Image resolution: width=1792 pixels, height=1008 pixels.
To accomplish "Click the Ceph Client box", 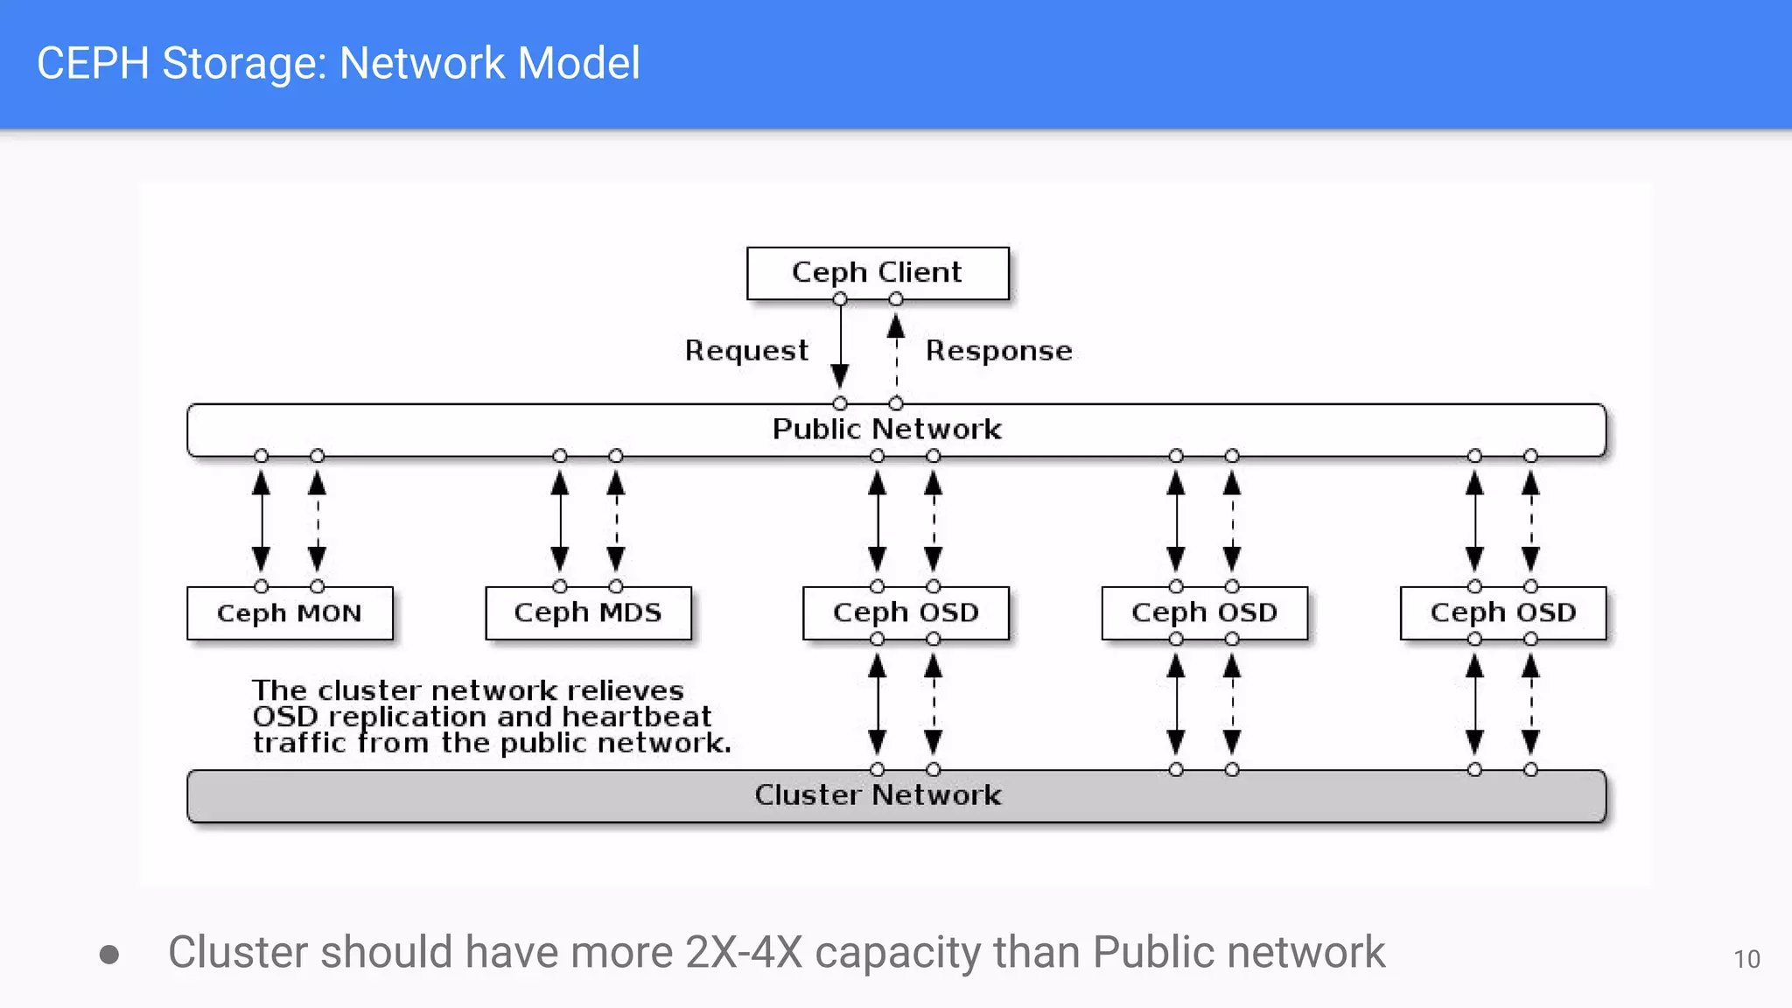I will point(877,273).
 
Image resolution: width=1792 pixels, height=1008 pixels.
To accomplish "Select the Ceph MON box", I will point(290,613).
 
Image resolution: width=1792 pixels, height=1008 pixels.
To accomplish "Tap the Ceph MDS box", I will point(588,613).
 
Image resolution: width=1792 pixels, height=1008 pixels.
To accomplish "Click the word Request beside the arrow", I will point(746,351).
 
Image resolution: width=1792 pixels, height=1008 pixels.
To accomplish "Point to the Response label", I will point(998,351).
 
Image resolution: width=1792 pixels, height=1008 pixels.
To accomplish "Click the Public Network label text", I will point(886,430).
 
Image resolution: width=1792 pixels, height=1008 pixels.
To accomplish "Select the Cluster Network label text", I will point(878,795).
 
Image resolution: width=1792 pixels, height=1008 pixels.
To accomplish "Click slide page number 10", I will point(1746,960).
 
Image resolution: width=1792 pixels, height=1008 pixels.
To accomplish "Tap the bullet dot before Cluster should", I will point(109,954).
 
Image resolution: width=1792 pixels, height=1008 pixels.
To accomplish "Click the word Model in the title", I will point(578,63).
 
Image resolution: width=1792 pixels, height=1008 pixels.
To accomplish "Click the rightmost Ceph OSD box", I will point(1502,613).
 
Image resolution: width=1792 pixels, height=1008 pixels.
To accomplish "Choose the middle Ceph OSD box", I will point(1204,613).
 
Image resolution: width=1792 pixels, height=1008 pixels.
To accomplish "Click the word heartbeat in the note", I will point(636,717).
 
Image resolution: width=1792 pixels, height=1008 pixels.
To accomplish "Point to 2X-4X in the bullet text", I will point(744,952).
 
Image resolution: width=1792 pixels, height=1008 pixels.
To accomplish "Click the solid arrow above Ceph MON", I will point(262,521).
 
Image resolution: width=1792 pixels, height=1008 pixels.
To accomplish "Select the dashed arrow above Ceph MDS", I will point(616,521).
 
